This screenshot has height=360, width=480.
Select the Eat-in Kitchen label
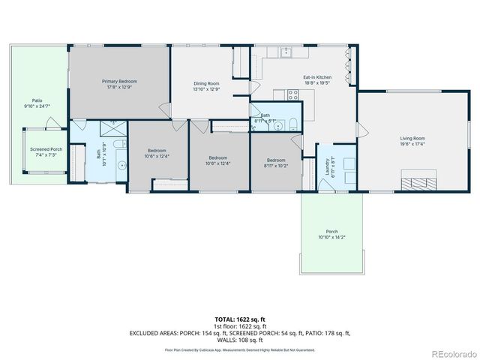(317, 77)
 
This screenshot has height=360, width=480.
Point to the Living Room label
(412, 138)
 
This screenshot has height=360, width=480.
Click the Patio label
(37, 100)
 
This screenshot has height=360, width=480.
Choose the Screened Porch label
(46, 149)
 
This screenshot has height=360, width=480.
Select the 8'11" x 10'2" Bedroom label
(276, 160)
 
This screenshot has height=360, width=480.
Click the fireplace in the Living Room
(418, 181)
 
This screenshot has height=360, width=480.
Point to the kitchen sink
(286, 52)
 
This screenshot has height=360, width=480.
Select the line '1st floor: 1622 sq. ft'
(240, 326)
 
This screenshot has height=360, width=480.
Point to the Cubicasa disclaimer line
(240, 349)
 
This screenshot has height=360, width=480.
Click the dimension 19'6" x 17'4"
(412, 144)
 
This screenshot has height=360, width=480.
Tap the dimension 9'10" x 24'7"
(37, 106)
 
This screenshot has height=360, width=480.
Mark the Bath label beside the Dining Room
(265, 115)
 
